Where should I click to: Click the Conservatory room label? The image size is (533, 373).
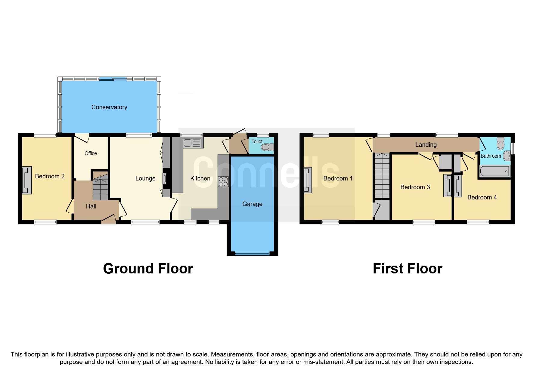click(109, 107)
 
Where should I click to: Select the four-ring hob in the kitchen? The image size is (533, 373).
click(223, 181)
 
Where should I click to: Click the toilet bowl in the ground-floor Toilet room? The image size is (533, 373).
click(266, 147)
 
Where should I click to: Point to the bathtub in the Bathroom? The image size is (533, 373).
click(494, 171)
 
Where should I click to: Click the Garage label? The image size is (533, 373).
click(252, 204)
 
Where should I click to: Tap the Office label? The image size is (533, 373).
click(91, 153)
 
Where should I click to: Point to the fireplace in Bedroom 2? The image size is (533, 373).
click(27, 180)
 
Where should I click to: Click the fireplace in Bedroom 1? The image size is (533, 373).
click(308, 180)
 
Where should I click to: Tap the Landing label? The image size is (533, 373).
click(426, 145)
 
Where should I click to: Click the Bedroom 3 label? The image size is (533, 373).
click(415, 187)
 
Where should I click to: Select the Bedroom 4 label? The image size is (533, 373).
click(482, 197)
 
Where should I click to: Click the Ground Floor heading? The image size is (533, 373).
click(148, 269)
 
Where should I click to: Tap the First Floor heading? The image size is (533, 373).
click(407, 269)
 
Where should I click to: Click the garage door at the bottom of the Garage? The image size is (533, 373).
click(252, 254)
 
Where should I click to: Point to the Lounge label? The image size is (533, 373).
click(145, 178)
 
